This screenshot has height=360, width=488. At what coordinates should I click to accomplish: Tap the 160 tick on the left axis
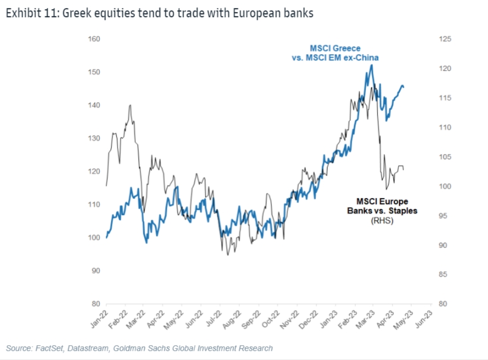point(95,39)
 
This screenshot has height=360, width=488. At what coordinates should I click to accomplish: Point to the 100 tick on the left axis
point(95,237)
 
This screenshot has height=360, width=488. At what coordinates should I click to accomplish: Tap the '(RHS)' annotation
point(382,221)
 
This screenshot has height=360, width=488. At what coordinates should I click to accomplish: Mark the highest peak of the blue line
point(372,65)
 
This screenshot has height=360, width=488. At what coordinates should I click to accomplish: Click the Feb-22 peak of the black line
point(131,105)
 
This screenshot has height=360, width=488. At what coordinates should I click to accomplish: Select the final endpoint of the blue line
point(404,87)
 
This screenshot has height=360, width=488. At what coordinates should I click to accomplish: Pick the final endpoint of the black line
point(404,169)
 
